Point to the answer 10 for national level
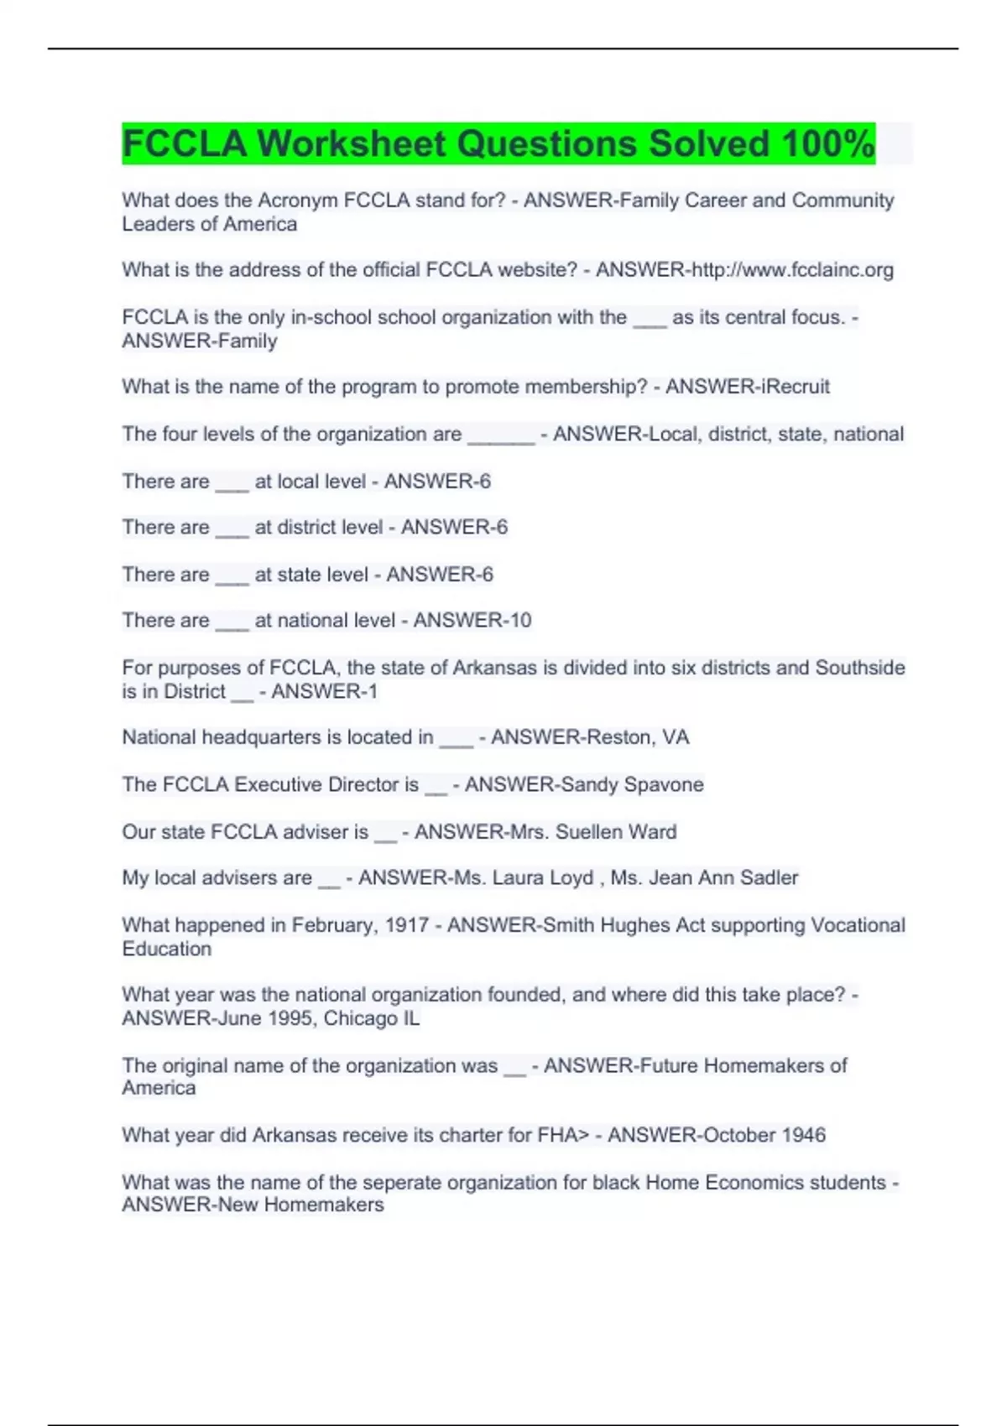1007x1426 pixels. (x=520, y=621)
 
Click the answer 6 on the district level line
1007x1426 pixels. (x=501, y=528)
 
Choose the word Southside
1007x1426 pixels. (x=860, y=669)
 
